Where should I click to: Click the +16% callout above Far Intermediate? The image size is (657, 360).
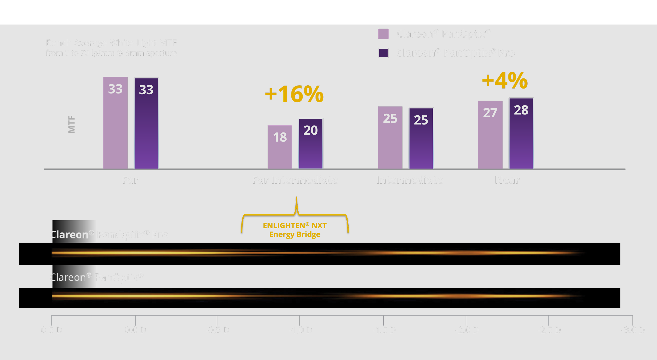coord(294,94)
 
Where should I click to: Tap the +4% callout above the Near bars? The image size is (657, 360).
coord(505,81)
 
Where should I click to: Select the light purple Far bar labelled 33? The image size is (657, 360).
coord(115,122)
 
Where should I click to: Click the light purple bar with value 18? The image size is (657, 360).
coord(279,147)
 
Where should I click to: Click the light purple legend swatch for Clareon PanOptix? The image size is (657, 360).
coord(383,34)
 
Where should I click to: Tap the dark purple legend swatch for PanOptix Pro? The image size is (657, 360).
coord(383,53)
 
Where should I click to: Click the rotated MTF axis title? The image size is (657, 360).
coord(72,124)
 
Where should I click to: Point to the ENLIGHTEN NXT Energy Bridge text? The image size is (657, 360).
coord(295,230)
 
